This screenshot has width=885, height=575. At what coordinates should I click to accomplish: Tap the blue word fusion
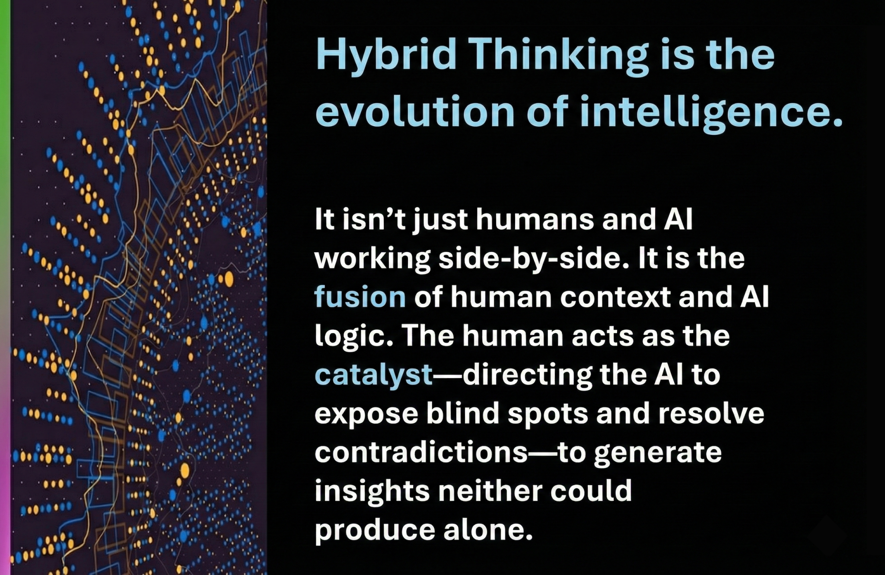[x=360, y=297]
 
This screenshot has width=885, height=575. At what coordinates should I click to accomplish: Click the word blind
[x=463, y=413]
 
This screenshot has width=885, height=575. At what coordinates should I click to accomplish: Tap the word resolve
[x=711, y=413]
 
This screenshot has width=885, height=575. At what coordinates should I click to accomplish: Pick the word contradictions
[x=421, y=452]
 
